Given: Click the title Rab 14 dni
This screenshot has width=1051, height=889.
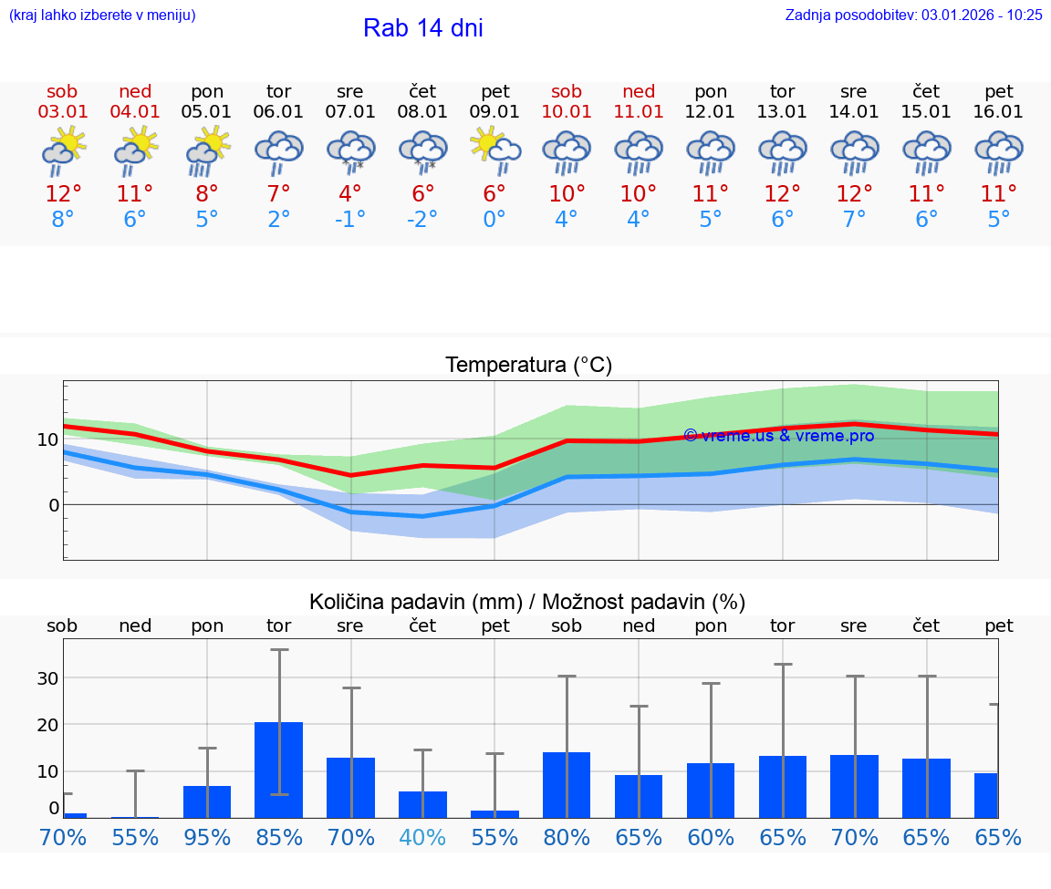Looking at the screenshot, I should coord(422,28).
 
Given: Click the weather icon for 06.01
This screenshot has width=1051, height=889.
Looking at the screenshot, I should coord(278,152).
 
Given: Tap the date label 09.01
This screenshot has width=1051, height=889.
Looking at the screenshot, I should coord(494,111).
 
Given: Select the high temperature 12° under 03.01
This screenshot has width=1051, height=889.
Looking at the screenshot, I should coord(62,194).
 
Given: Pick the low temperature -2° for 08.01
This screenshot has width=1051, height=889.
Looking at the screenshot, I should coord(422,220).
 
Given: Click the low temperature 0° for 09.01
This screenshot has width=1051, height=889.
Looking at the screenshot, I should coord(494,220).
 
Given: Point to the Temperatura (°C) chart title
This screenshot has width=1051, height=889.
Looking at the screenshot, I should coord(528,366).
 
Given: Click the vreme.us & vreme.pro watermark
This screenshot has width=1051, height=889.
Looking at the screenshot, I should coord(778,436).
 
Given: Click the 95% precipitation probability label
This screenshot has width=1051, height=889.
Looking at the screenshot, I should coord(207,838).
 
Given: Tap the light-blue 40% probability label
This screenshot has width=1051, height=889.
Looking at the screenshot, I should coord(422,838).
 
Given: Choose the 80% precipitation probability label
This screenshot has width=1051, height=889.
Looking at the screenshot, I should coord(567,838).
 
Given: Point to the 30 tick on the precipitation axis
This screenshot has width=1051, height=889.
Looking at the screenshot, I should coord(47,678).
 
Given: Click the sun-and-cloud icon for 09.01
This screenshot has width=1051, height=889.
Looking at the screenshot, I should coord(494,150).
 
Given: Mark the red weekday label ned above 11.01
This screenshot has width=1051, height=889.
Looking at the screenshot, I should coord(639,91).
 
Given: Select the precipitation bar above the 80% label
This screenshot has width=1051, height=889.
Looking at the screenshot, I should coord(567,785).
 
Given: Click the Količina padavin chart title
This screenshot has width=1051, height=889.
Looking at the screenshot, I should coord(527,602).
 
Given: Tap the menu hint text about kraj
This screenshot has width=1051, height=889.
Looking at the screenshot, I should coord(101,15).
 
